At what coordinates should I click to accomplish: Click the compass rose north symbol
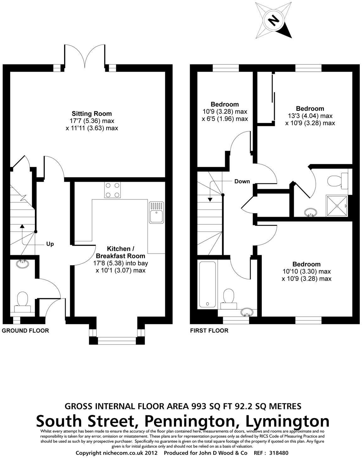pyautogui.click(x=273, y=21)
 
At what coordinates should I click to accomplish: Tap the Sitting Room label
pyautogui.click(x=92, y=114)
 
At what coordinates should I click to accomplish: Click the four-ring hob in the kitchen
pyautogui.click(x=112, y=190)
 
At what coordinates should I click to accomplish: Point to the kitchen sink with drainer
pyautogui.click(x=156, y=213)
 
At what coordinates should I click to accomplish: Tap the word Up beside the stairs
pyautogui.click(x=50, y=244)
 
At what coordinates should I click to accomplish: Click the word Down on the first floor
pyautogui.click(x=242, y=181)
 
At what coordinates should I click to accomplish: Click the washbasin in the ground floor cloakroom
pyautogui.click(x=22, y=264)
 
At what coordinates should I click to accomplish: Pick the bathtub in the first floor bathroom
pyautogui.click(x=207, y=285)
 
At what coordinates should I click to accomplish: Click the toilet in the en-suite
pyautogui.click(x=336, y=181)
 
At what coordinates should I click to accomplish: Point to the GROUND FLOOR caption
pyautogui.click(x=25, y=331)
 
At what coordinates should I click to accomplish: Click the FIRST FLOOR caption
pyautogui.click(x=209, y=331)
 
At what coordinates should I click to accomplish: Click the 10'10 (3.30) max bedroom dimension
pyautogui.click(x=307, y=271)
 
